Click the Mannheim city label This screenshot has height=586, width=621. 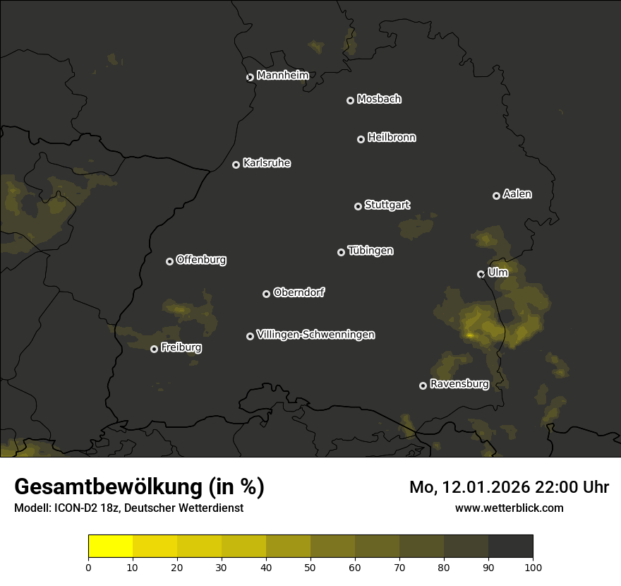pyautogui.click(x=282, y=76)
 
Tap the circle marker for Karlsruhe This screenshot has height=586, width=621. pyautogui.click(x=236, y=165)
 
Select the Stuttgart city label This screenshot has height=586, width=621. pyautogui.click(x=387, y=205)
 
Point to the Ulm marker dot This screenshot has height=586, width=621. pyautogui.click(x=481, y=274)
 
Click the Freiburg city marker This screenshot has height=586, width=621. pyautogui.click(x=154, y=349)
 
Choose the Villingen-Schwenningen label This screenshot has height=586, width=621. pyautogui.click(x=315, y=335)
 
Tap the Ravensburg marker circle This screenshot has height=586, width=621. pyautogui.click(x=423, y=385)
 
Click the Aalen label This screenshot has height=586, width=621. pyautogui.click(x=517, y=194)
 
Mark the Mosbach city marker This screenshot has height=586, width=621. pyautogui.click(x=349, y=101)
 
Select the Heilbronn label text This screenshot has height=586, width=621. pyautogui.click(x=392, y=138)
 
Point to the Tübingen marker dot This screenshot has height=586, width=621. pyautogui.click(x=341, y=252)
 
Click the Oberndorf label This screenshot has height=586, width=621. pyautogui.click(x=299, y=292)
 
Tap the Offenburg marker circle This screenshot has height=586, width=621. pyautogui.click(x=169, y=261)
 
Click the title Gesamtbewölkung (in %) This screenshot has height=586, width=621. pyautogui.click(x=139, y=487)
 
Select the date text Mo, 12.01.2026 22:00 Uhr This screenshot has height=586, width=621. pyautogui.click(x=509, y=487)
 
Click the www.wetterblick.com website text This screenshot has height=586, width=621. pyautogui.click(x=509, y=508)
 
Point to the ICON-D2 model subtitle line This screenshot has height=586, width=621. pyautogui.click(x=128, y=508)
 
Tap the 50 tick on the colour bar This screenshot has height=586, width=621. pyautogui.click(x=310, y=566)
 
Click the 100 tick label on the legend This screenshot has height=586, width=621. pyautogui.click(x=533, y=566)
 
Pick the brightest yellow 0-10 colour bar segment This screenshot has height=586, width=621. pyautogui.click(x=110, y=546)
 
